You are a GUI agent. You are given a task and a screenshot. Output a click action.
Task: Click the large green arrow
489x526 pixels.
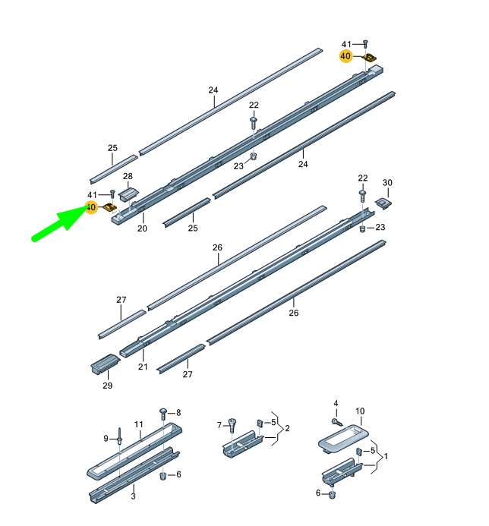(x=60, y=224)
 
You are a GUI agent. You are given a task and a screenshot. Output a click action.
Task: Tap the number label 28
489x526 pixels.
(x=128, y=176)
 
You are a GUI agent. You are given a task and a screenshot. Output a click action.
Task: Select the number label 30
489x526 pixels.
(x=387, y=182)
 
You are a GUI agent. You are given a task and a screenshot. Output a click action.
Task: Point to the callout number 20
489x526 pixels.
(x=142, y=228)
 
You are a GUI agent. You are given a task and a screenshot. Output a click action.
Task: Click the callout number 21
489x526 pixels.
(x=142, y=367)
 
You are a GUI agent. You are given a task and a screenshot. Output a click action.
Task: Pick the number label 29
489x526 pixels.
(x=107, y=386)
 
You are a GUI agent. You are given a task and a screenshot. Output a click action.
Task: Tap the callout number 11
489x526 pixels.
(x=139, y=424)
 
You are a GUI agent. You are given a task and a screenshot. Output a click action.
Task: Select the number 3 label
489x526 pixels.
(x=133, y=496)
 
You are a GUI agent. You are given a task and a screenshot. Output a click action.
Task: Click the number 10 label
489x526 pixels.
(x=360, y=411)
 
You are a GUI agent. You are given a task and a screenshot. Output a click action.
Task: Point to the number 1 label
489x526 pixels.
(x=386, y=458)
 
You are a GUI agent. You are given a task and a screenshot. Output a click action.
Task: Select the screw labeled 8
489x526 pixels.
(x=163, y=414)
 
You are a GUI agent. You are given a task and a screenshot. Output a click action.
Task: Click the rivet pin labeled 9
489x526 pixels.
(x=119, y=438)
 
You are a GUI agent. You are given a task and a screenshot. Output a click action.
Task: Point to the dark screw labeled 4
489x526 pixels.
(x=336, y=420)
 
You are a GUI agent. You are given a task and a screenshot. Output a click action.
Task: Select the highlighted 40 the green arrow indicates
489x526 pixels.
(x=91, y=207)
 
